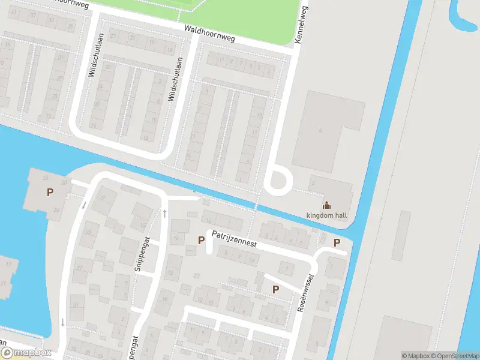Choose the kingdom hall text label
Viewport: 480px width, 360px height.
[x=327, y=215]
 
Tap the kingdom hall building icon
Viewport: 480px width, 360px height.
[x=327, y=204]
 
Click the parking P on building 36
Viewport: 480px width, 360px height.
[x=50, y=193]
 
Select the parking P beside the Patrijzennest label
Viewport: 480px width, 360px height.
[x=201, y=240]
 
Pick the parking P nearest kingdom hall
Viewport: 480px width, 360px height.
[x=337, y=242]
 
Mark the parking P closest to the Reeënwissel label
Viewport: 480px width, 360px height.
[x=275, y=289]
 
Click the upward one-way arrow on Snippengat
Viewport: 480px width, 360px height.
[x=163, y=213]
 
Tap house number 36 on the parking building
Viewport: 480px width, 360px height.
[x=46, y=178]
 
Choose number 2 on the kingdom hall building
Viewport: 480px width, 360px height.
[x=313, y=182]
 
